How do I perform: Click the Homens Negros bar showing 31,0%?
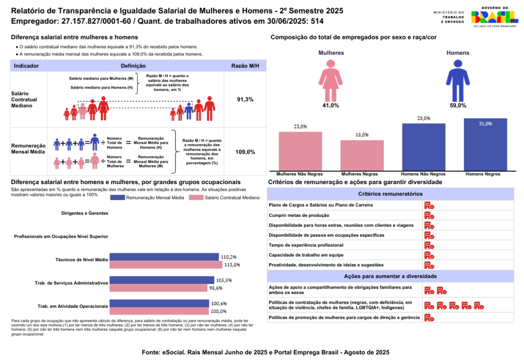click(485, 145)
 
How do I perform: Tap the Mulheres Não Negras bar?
click(300, 151)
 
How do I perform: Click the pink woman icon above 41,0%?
click(331, 80)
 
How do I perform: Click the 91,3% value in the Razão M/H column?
click(245, 99)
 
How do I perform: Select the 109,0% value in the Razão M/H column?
click(245, 152)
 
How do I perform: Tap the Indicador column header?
click(26, 66)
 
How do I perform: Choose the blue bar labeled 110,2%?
click(164, 257)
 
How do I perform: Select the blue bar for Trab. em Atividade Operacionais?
click(160, 303)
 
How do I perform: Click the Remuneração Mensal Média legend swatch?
click(117, 197)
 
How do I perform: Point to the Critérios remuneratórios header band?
click(390, 194)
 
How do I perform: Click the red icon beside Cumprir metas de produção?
click(429, 215)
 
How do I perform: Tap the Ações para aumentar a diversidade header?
click(390, 276)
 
